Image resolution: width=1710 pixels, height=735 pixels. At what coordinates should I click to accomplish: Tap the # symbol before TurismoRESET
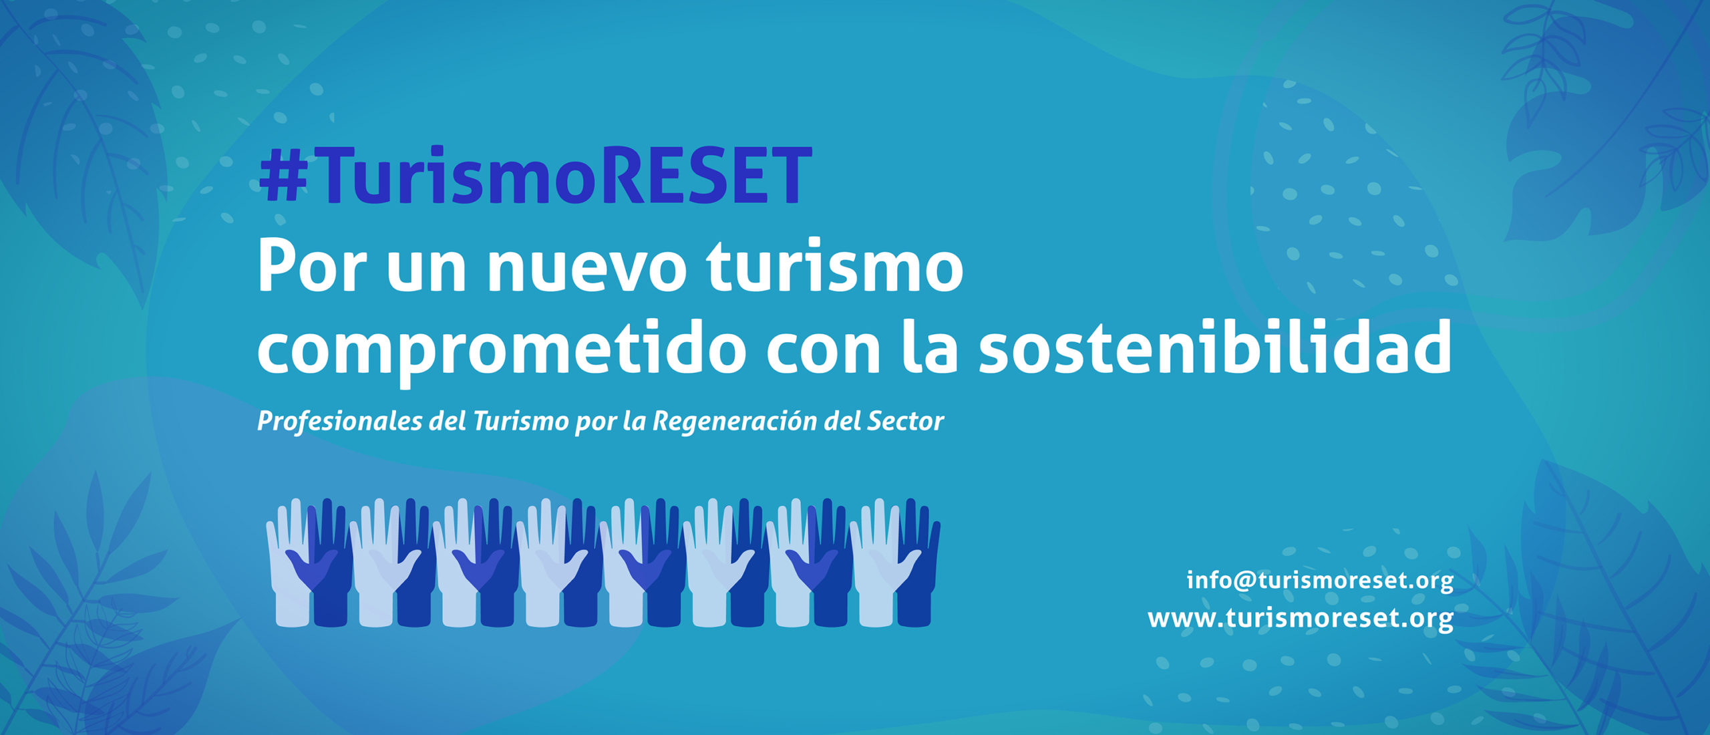[283, 176]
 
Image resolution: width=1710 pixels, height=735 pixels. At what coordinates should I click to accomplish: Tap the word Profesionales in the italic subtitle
[340, 422]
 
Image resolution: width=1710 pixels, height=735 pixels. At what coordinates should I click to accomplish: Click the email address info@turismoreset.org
[1320, 580]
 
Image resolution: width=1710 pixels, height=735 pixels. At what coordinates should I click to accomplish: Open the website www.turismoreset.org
[1301, 618]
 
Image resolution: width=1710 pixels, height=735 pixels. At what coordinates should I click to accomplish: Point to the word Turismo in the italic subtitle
[520, 421]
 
